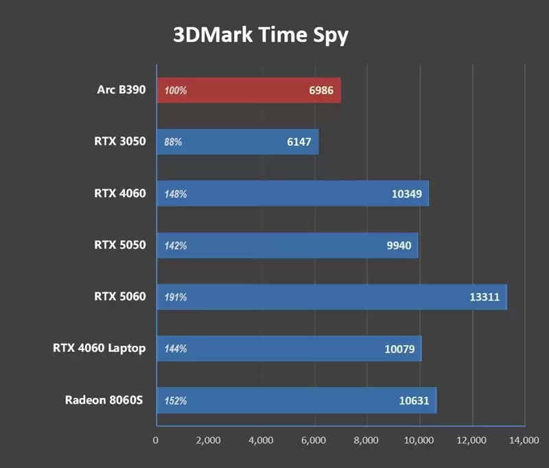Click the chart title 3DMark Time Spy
click(260, 35)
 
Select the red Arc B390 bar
click(248, 91)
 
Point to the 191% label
click(176, 297)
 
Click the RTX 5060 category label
click(120, 296)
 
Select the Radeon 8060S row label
click(104, 400)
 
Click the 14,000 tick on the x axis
click(524, 440)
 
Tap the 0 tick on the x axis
click(156, 440)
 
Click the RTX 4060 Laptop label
click(99, 348)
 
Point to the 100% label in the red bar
click(176, 91)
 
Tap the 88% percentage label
click(173, 142)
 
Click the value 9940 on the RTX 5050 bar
click(399, 246)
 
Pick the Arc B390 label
click(121, 89)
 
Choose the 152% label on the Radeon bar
click(176, 401)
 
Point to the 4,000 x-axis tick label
click(261, 440)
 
